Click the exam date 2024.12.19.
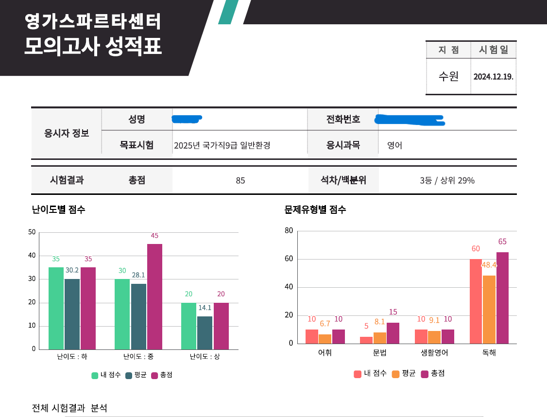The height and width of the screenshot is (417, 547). (493, 77)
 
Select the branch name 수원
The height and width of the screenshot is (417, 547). (448, 76)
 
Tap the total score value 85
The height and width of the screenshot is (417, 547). (240, 181)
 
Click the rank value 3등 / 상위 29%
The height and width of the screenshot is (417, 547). (447, 181)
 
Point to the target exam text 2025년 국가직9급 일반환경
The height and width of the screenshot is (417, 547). (222, 145)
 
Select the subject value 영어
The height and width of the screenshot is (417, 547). (394, 145)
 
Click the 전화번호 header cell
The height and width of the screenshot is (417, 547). (343, 119)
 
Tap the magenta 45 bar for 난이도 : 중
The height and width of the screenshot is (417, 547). (154, 296)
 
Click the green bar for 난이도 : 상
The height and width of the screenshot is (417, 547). (188, 326)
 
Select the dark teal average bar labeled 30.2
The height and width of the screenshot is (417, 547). (72, 314)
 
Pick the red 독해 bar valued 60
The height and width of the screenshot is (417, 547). (476, 301)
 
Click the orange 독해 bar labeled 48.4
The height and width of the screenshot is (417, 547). (489, 310)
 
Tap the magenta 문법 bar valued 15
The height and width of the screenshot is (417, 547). (393, 333)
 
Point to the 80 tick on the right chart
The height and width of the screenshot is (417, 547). (289, 231)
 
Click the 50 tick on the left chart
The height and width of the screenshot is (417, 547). (32, 232)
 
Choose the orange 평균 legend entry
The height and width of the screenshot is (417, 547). (404, 374)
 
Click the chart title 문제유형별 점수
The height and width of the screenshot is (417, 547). (315, 210)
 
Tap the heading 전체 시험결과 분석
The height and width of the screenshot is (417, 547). (69, 408)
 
